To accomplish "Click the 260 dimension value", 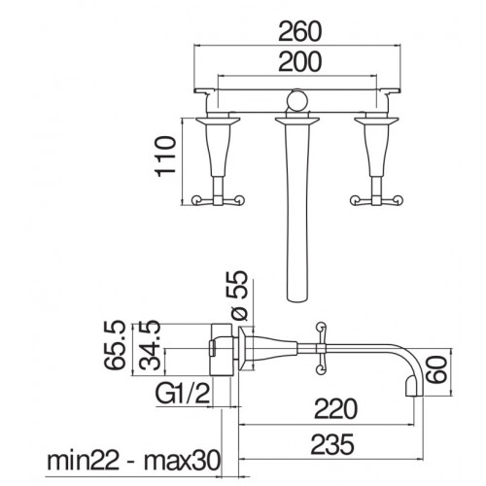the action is [300, 31].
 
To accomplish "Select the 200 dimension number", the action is [300, 61].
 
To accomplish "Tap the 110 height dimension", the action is [166, 156].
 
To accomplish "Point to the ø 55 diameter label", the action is [240, 295].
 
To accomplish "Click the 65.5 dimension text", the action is [115, 345].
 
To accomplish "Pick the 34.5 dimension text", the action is [150, 345].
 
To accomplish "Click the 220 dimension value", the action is [335, 409].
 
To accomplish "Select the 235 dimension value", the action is [332, 444].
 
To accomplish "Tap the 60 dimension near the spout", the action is [436, 369].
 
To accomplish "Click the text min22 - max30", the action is [133, 462].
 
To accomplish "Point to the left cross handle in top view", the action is [218, 200].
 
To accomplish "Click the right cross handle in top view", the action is [376, 200].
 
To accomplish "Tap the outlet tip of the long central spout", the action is [296, 297].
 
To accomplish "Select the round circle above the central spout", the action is [297, 100].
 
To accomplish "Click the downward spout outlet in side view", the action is [414, 389].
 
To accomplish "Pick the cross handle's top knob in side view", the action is [321, 326].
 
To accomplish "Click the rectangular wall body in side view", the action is [222, 349].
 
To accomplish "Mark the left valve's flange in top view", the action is [218, 121].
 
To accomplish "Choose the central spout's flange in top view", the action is [296, 121].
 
